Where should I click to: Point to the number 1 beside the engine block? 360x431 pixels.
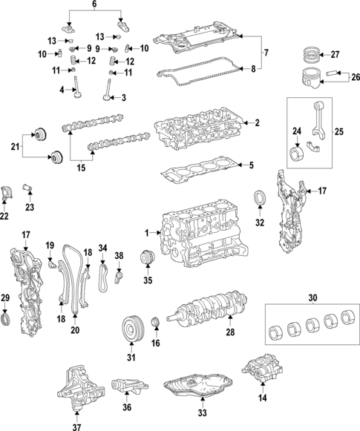(148, 233)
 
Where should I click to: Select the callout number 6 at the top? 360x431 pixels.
(94, 4)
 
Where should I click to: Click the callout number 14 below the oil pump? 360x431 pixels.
(261, 398)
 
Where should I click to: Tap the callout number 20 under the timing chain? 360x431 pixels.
(74, 329)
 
